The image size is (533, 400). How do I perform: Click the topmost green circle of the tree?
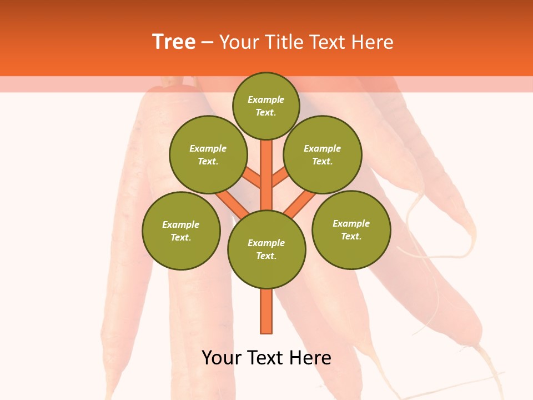tap(266, 106)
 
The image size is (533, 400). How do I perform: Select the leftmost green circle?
tap(181, 231)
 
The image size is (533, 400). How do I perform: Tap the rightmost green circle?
tap(351, 229)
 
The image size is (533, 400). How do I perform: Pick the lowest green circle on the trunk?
tap(266, 249)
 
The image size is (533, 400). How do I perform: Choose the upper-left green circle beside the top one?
tap(208, 154)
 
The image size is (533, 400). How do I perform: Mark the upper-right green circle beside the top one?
tap(323, 154)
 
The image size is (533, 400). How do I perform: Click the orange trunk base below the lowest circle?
tap(266, 311)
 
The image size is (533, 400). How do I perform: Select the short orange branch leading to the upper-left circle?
tap(253, 178)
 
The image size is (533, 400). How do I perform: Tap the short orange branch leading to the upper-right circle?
tap(280, 178)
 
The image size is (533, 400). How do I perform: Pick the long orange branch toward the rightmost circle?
tap(300, 203)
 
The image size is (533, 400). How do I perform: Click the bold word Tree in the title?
tap(174, 42)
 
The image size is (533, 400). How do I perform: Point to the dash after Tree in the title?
tap(208, 42)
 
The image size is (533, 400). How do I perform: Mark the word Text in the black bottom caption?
tap(265, 358)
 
